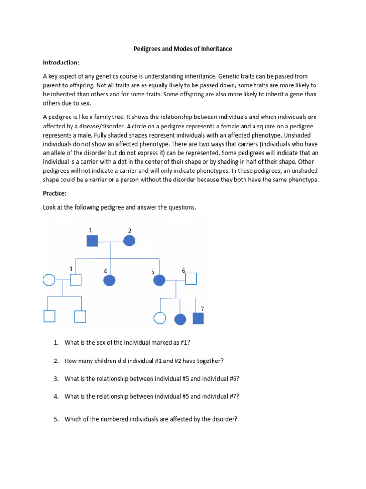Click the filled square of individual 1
tap(92, 241)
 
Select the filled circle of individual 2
tap(130, 241)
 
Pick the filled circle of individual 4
tap(110, 280)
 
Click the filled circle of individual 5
tap(159, 280)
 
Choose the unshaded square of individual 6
tap(191, 278)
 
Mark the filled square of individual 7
tap(198, 319)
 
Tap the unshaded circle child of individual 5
tap(160, 319)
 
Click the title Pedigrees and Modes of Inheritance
tap(183, 49)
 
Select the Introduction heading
tap(61, 63)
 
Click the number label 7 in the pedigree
tap(202, 308)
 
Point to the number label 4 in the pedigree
tap(105, 271)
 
